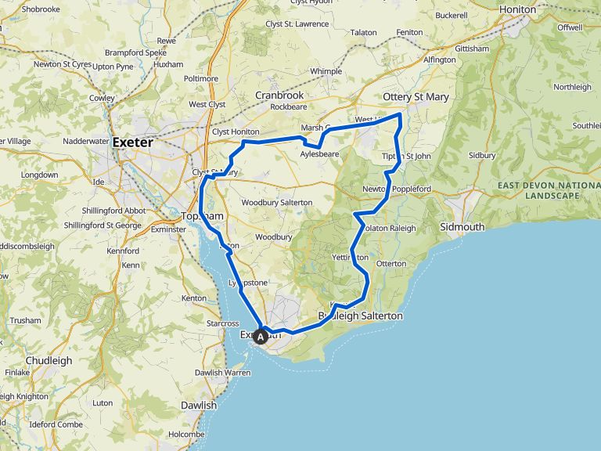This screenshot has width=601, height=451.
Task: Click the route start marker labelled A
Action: click(x=261, y=335)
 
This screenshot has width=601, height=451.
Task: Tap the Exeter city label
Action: click(x=135, y=143)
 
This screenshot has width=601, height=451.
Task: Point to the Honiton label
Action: click(x=517, y=9)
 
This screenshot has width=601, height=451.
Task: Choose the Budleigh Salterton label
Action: click(x=361, y=316)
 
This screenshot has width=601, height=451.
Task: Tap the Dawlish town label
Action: click(x=198, y=406)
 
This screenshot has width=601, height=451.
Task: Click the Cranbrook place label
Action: click(x=279, y=96)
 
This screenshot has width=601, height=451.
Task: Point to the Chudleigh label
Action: click(x=49, y=361)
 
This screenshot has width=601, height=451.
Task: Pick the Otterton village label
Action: click(x=391, y=264)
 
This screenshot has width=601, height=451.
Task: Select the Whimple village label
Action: click(x=326, y=71)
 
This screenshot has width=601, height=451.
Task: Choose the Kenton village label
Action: click(x=193, y=298)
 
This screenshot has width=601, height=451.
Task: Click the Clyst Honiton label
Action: click(x=236, y=132)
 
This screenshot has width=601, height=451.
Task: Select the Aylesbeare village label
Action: click(x=320, y=155)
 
